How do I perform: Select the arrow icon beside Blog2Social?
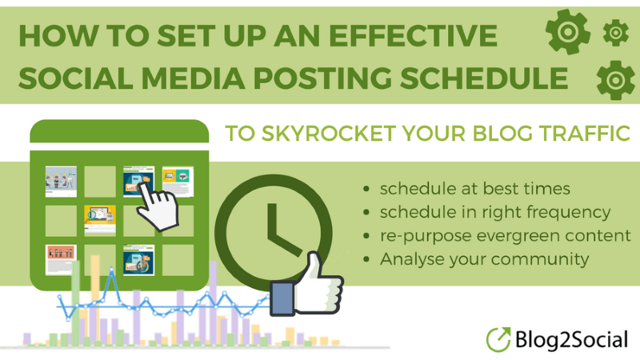[499, 338]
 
